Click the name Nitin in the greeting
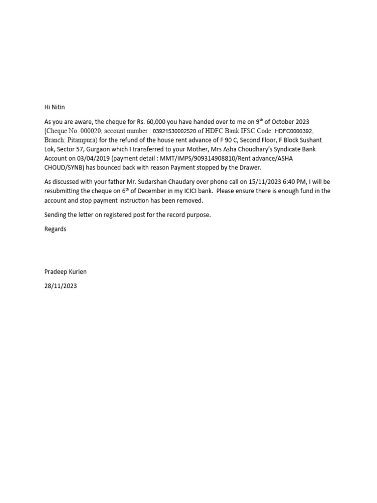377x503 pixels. pyautogui.click(x=58, y=107)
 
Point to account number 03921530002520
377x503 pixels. pyautogui.click(x=173, y=131)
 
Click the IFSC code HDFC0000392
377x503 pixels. pyautogui.click(x=293, y=131)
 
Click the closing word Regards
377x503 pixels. pyautogui.click(x=55, y=229)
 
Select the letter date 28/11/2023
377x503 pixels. pyautogui.click(x=60, y=286)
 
